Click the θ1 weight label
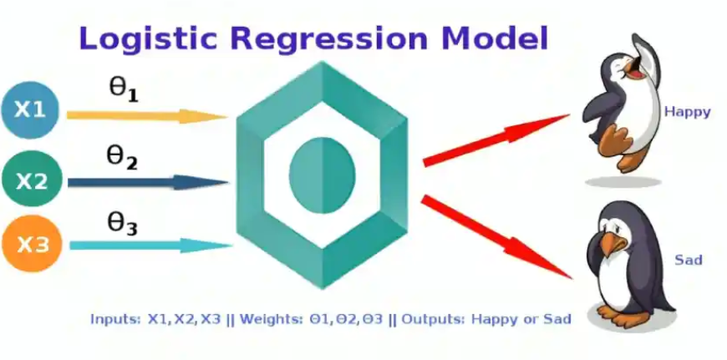click(x=124, y=90)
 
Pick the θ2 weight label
click(x=122, y=156)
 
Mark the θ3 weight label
click(x=122, y=223)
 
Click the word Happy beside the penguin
click(x=687, y=111)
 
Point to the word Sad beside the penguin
click(x=688, y=261)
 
